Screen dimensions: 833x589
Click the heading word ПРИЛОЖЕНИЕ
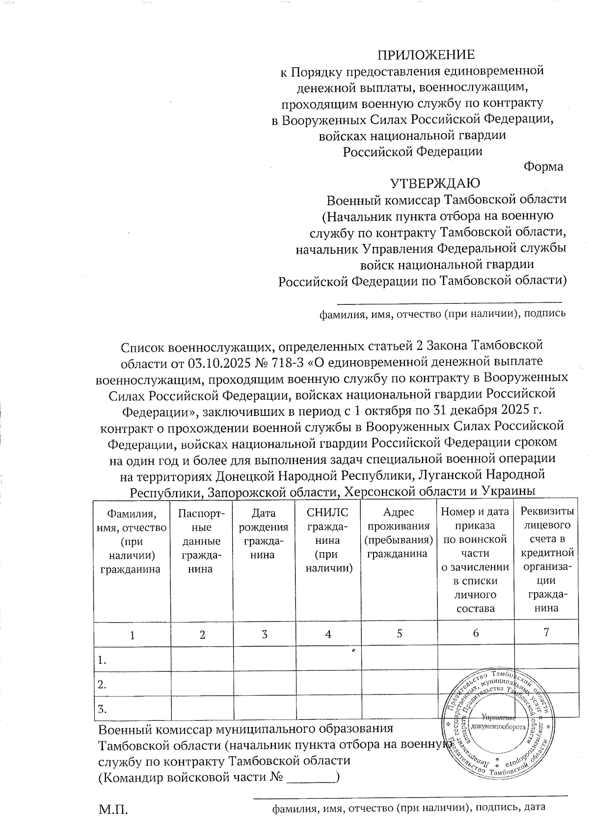426,54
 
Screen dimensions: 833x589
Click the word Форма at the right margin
543,167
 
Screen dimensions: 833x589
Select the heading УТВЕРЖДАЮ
435,183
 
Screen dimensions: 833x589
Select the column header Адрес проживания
399,533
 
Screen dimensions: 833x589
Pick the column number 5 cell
400,633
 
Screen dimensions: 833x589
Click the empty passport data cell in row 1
201,658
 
